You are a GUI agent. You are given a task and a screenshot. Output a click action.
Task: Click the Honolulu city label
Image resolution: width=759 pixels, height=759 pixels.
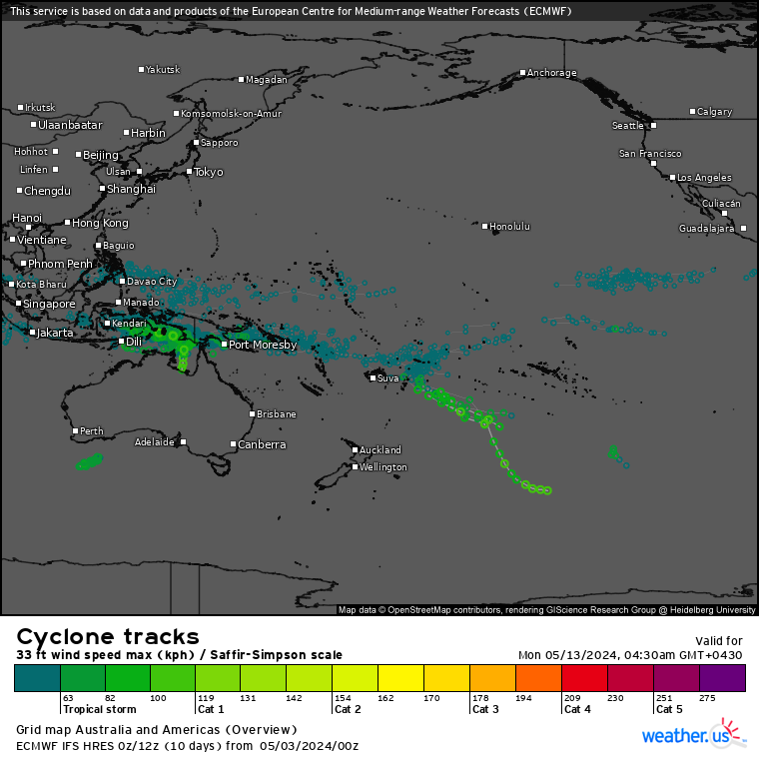[509, 227]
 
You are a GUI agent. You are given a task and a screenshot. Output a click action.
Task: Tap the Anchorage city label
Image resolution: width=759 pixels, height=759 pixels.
[551, 73]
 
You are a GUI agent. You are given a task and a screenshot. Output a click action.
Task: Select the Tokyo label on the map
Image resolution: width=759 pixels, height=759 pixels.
[208, 172]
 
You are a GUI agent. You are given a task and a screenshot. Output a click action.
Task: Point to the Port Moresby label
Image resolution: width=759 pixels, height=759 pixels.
[263, 345]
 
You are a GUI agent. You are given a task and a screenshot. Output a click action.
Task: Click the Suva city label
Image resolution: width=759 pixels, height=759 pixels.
[387, 379]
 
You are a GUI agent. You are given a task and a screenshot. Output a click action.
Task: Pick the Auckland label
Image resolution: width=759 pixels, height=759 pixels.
[380, 450]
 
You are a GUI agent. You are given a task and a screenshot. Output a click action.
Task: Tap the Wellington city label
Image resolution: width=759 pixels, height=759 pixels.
[383, 467]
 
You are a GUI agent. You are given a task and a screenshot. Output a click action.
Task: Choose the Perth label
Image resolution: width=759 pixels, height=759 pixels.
[91, 431]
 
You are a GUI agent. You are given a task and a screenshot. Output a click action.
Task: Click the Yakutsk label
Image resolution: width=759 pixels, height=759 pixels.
[163, 70]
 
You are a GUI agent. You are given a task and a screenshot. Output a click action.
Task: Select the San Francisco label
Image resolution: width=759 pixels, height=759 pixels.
[650, 154]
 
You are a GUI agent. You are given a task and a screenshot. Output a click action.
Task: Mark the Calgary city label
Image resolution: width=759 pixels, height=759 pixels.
[714, 112]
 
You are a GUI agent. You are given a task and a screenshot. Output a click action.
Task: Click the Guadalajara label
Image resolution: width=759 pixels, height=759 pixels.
[706, 229]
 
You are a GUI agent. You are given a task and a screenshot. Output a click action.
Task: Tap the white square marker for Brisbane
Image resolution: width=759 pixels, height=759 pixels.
[253, 413]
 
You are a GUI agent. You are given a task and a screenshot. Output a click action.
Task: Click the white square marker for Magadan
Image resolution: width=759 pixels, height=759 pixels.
[242, 80]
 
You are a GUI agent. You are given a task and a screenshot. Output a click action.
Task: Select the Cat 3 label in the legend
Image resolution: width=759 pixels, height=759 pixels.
[485, 710]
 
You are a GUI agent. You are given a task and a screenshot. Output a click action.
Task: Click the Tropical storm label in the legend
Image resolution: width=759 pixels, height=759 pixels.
[98, 710]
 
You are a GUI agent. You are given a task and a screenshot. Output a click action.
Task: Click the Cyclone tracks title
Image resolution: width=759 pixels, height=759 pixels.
[108, 636]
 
